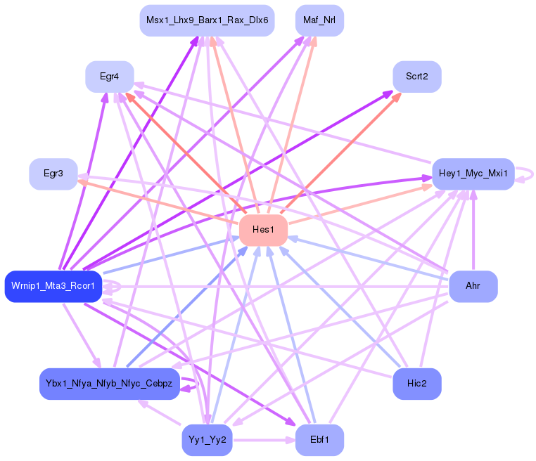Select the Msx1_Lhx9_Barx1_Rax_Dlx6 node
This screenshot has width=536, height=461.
point(207,20)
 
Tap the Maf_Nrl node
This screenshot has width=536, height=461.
point(319,20)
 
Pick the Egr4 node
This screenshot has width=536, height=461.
point(109,77)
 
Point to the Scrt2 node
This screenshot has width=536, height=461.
point(417,76)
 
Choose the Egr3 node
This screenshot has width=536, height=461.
point(53,174)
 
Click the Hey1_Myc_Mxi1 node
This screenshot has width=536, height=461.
point(473,173)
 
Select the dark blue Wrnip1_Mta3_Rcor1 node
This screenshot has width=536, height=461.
point(53,286)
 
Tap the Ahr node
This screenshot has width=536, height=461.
point(473,286)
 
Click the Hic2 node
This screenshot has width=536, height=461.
point(417,384)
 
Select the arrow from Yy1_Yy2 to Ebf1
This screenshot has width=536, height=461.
point(264,441)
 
